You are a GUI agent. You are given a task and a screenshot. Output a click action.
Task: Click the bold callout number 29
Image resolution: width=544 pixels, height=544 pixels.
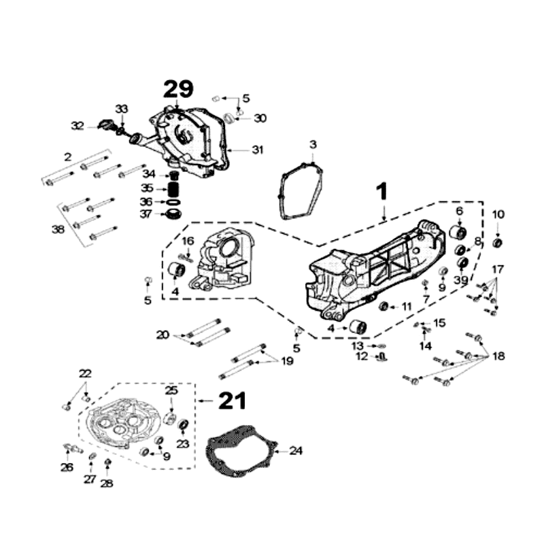coord(178,89)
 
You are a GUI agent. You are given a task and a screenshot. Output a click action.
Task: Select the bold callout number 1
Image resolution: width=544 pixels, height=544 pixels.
coord(383,191)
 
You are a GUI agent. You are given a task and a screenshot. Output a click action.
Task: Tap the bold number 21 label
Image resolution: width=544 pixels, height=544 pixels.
coord(233,401)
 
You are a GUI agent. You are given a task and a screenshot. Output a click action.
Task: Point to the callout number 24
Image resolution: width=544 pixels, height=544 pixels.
coord(296,451)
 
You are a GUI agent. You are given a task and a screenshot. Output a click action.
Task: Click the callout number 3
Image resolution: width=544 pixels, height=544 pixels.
coord(313,144)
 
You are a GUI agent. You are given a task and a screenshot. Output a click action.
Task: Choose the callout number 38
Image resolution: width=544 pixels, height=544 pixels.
coord(58,230)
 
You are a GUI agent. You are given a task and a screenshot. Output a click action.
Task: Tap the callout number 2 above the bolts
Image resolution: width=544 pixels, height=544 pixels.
coord(68,157)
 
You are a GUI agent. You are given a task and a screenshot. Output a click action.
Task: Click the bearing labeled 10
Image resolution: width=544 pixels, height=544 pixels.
coord(498,242)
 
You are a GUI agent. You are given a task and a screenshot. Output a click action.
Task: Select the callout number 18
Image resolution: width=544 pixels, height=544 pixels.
coord(498,356)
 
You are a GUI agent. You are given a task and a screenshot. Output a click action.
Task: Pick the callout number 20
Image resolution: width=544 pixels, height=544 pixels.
coord(162,334)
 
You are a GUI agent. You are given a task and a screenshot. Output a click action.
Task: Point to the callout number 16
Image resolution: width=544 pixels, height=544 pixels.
coord(188,241)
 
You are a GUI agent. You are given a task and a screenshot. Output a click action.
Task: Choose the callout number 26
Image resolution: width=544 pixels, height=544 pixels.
coord(67,467)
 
